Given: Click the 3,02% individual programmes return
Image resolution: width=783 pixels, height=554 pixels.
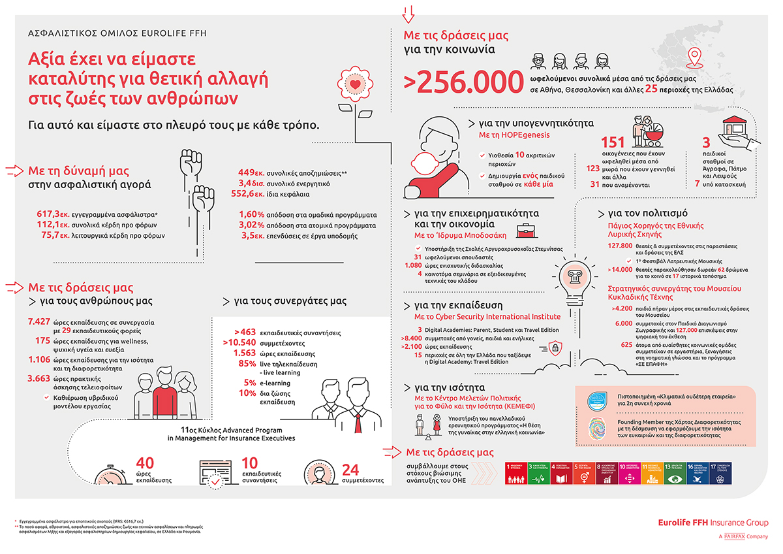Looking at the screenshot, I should click(251, 225).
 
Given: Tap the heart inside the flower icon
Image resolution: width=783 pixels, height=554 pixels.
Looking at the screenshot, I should click(354, 84).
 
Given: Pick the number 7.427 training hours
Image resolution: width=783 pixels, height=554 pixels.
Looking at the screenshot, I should click(40, 322).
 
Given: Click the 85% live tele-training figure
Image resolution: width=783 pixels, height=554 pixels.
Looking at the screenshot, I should click(247, 363).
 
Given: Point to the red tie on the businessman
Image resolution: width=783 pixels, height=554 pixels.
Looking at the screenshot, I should click(358, 423).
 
